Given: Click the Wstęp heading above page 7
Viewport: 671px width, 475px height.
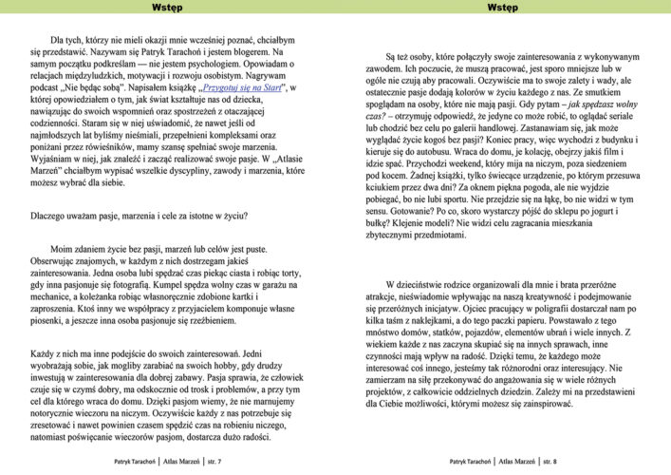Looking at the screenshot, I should [167, 8].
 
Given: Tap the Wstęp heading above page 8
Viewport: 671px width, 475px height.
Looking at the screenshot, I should [502, 8].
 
